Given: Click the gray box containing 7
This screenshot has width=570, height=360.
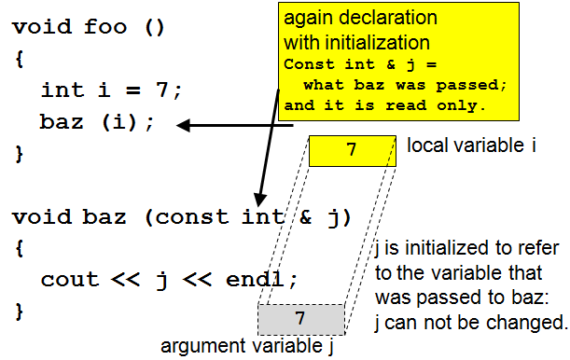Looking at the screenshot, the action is [x=300, y=319].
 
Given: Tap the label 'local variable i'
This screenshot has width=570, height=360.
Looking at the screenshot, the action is [x=470, y=146].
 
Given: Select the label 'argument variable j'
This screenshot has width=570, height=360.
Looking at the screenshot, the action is [x=247, y=347].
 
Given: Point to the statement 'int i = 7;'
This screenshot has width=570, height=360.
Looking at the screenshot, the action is [x=112, y=90].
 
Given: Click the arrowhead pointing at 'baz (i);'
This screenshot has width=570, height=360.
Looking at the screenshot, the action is [x=185, y=125].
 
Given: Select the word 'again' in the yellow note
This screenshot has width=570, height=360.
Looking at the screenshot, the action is [x=308, y=20].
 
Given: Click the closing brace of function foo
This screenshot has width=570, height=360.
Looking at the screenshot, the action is [x=18, y=152].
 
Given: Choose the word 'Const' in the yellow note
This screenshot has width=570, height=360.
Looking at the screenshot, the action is [x=307, y=64].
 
